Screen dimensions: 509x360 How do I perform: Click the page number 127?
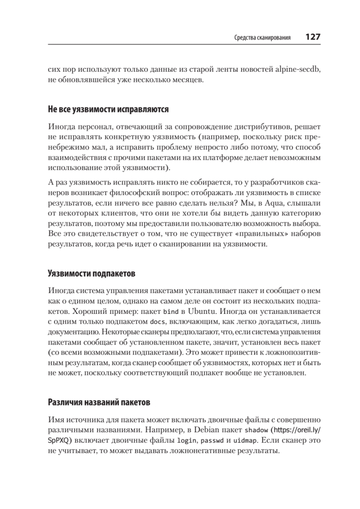[313, 37]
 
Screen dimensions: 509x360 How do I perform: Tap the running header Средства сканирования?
[262, 38]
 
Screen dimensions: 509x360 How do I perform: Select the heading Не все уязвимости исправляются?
[108, 109]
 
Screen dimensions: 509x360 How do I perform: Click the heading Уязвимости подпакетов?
[91, 274]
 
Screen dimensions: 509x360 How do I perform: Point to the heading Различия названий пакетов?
[99, 401]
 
